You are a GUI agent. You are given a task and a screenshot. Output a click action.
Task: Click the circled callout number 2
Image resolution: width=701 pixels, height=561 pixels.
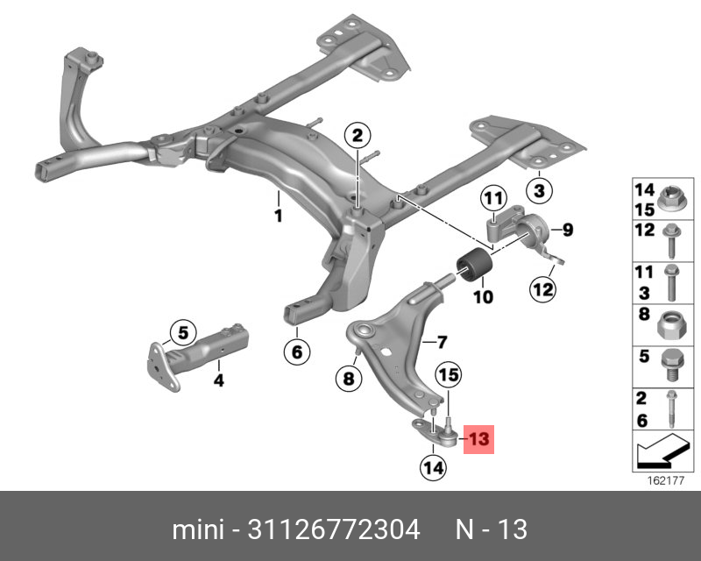pos(358,135)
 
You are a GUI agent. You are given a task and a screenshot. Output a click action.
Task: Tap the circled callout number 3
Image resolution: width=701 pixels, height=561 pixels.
pos(539,190)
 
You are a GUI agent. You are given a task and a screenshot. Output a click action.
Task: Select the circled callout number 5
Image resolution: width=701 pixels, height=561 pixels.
pos(183,333)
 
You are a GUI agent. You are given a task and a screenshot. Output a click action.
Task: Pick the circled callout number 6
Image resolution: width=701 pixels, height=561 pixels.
pos(297,352)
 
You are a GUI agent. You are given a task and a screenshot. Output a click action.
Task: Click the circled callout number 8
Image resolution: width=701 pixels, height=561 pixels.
pos(349,379)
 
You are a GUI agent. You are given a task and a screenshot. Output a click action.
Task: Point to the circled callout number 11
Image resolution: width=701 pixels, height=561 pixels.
pos(493,198)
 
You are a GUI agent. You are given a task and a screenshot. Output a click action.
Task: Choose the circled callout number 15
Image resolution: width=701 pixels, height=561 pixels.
pos(449,374)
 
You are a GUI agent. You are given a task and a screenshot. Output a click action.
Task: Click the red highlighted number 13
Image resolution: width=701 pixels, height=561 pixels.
pos(478,439)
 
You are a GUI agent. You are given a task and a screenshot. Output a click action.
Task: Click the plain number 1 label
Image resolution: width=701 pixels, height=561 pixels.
pos(279,216)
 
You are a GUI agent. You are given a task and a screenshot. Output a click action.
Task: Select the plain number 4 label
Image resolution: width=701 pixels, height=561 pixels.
pos(218,380)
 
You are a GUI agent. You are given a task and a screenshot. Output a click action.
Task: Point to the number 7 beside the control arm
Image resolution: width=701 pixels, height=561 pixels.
pos(442,342)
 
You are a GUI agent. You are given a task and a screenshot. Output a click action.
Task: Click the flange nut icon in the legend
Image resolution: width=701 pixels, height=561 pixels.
pos(669,199)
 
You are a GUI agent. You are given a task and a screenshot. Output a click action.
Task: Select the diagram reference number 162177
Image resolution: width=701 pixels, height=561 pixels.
pos(666,480)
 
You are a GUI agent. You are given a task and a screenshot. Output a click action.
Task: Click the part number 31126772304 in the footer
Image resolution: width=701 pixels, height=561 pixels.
pos(334,529)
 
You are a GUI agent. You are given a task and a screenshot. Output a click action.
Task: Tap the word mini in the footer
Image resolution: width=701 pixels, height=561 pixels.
pos(198,529)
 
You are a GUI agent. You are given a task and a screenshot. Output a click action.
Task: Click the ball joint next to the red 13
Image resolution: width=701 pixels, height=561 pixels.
pos(449,432)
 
